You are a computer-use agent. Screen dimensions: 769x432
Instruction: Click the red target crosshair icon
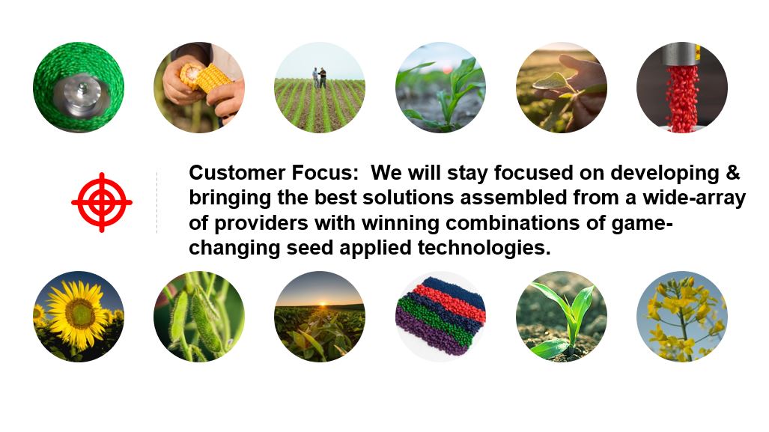[102, 202]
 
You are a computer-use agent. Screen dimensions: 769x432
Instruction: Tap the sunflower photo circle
[79, 316]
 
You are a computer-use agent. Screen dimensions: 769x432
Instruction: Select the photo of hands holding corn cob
[199, 88]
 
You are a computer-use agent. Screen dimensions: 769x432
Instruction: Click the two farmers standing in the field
[319, 78]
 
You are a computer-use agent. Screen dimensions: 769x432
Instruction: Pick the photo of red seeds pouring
[681, 88]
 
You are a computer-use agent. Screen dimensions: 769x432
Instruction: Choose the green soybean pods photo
[199, 316]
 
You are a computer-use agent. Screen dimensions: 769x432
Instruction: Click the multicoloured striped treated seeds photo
[440, 316]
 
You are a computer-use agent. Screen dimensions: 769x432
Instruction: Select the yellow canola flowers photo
[681, 316]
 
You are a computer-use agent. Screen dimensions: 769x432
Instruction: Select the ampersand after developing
[732, 173]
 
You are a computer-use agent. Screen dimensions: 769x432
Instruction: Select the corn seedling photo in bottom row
[561, 316]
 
